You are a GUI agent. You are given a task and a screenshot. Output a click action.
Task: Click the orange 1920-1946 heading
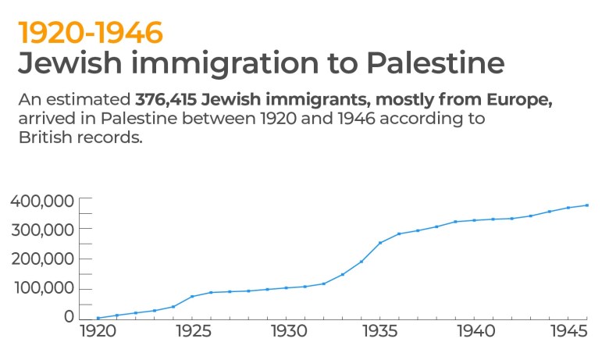click(x=91, y=32)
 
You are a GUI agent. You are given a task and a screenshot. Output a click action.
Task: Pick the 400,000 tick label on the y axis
click(x=43, y=201)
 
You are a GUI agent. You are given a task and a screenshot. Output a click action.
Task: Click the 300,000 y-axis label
click(x=43, y=230)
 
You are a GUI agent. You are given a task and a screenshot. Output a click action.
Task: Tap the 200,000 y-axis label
click(x=43, y=259)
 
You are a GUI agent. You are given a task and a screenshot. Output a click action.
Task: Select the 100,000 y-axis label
click(x=43, y=288)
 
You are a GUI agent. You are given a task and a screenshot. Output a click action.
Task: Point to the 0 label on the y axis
click(x=69, y=317)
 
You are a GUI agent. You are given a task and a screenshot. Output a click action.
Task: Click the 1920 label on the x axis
click(x=98, y=332)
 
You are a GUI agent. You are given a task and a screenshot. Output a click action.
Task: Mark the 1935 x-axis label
click(x=380, y=332)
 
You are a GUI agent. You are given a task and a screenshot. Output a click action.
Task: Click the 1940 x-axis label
click(x=474, y=332)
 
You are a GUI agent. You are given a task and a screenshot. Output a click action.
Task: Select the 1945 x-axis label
click(x=568, y=332)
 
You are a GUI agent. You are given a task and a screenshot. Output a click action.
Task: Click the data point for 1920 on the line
click(x=98, y=318)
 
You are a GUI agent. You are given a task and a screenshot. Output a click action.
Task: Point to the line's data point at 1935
click(x=380, y=243)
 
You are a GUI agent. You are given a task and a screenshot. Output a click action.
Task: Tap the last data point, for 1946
click(x=586, y=205)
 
